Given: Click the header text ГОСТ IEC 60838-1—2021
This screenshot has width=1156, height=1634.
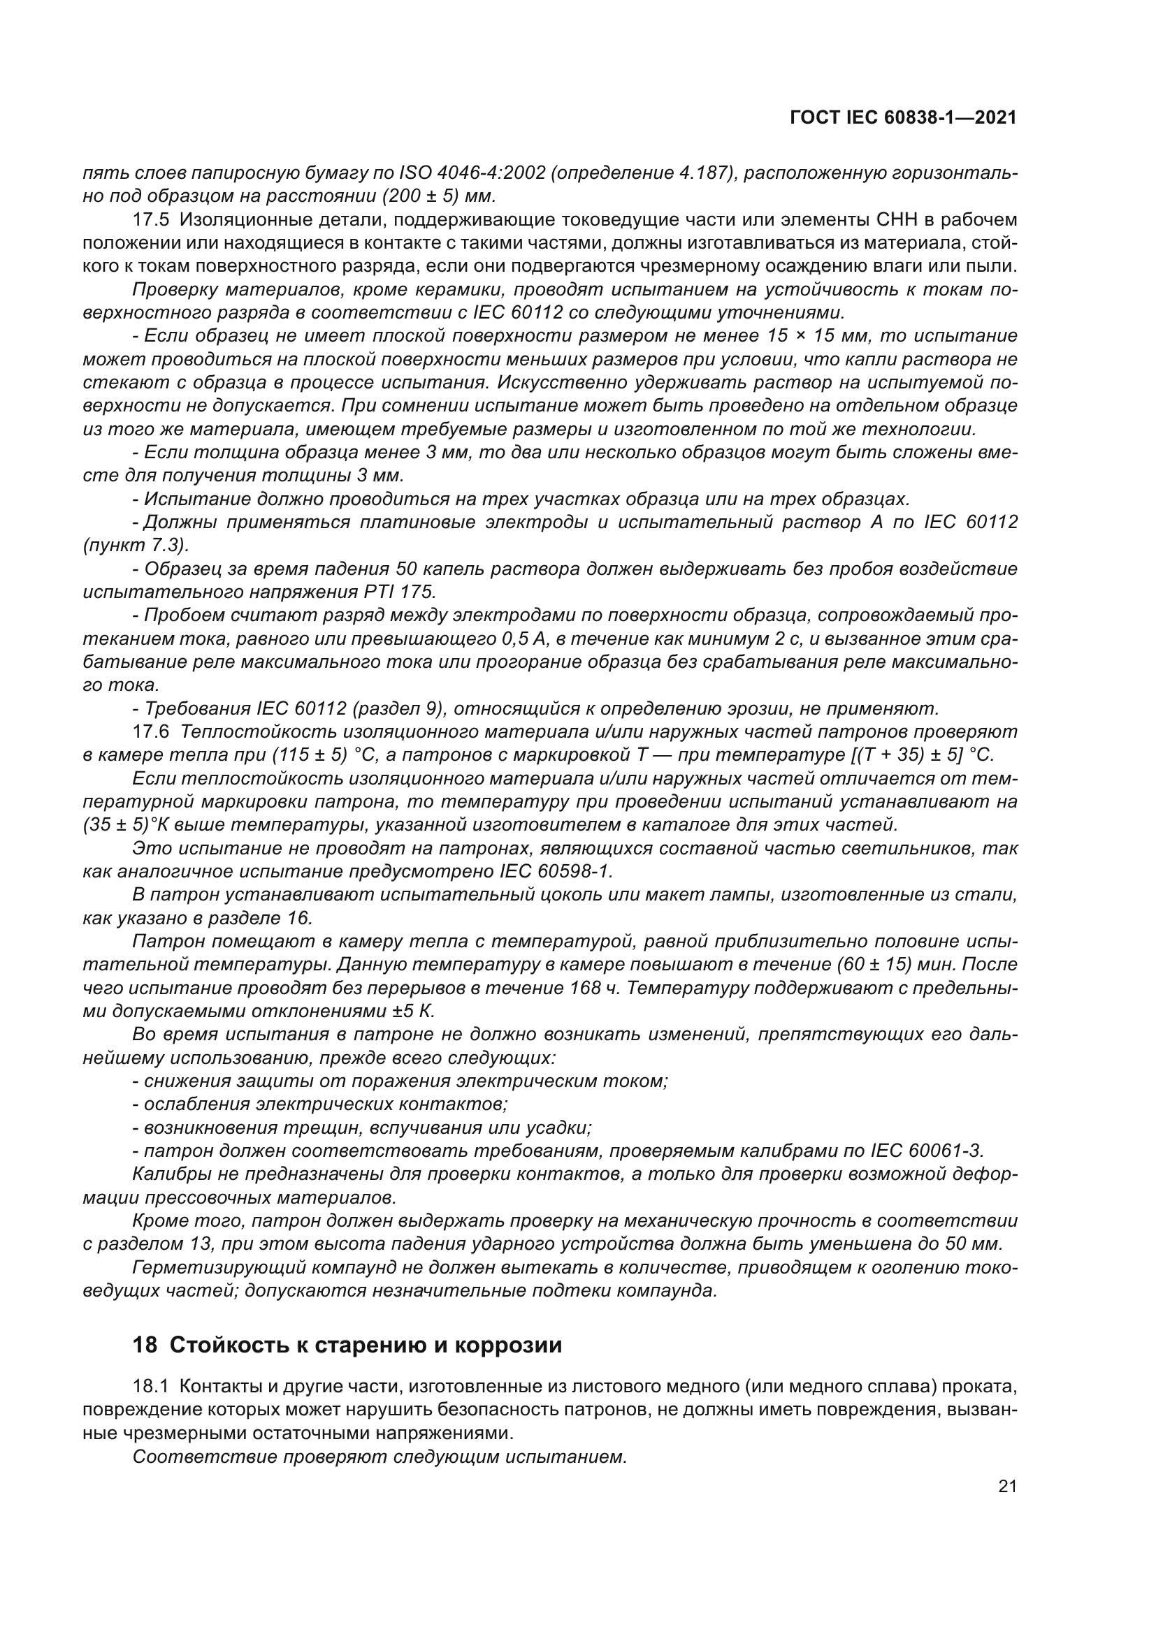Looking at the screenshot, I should [902, 118].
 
